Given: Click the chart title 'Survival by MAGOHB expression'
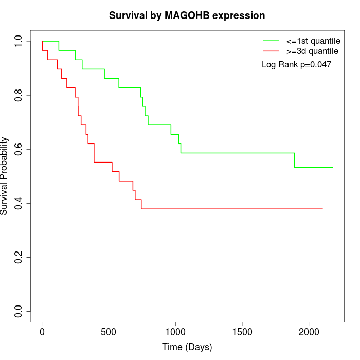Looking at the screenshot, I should [187, 15].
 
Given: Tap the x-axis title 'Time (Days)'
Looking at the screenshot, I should [187, 347].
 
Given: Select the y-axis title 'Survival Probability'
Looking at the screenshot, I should [5, 176].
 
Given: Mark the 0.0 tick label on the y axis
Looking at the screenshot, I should [19, 311].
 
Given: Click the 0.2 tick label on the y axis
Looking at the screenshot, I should [19, 257].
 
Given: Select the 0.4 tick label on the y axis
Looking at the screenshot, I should [19, 203].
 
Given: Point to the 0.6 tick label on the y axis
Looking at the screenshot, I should [19, 149].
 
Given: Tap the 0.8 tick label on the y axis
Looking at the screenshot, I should [19, 95].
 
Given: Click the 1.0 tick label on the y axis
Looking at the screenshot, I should [19, 41].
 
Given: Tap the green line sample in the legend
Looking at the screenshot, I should [271, 40].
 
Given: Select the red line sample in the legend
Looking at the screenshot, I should [271, 51].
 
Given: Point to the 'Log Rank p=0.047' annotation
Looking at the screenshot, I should [296, 65].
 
